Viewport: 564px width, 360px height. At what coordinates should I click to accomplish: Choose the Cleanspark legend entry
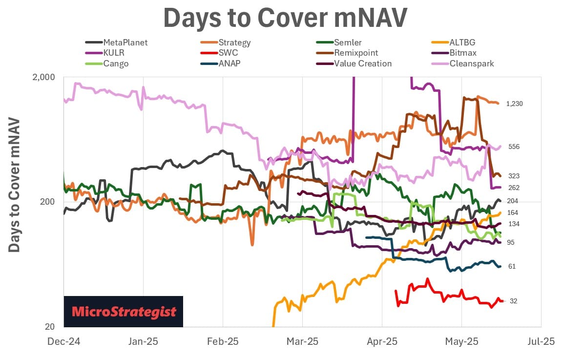coord(471,64)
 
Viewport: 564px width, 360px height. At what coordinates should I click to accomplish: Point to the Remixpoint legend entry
coord(356,53)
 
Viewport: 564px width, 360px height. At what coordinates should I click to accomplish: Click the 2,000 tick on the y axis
coord(45,77)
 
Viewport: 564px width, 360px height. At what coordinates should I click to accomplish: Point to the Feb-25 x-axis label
coord(223,341)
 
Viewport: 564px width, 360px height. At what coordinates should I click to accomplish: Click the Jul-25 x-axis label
coord(541,341)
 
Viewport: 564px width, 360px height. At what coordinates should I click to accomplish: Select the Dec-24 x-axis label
coord(63,341)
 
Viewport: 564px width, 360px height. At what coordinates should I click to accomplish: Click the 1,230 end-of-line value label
coord(514,104)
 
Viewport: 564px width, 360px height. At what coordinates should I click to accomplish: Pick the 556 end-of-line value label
coord(514,147)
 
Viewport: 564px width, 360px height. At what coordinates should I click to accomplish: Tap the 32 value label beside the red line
coord(513,301)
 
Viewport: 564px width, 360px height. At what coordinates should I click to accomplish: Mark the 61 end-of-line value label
coord(512,266)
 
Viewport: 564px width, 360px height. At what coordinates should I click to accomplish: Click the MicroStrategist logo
coord(124,311)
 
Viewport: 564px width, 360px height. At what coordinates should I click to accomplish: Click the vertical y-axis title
coord(15,185)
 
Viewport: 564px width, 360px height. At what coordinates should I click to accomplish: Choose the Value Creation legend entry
coord(362,64)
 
